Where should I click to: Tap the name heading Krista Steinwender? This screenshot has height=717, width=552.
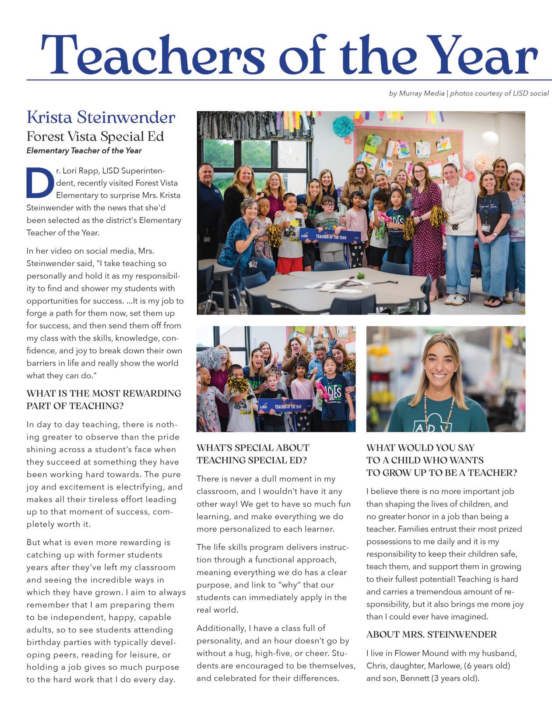point(101,117)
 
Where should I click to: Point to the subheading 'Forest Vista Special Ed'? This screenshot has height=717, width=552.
point(95,136)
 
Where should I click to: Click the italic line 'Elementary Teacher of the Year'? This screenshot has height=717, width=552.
point(84,151)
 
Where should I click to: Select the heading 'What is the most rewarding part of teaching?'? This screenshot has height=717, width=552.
point(104,399)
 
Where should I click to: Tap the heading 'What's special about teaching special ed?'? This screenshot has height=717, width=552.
point(253,454)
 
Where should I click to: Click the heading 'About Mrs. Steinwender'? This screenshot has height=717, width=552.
point(431,634)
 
